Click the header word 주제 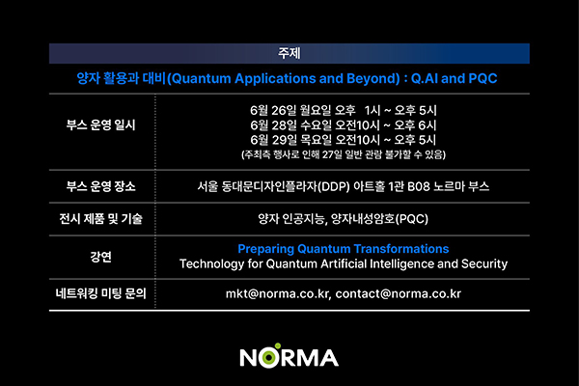click(289, 53)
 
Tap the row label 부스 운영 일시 click(100, 124)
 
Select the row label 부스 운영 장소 click(100, 186)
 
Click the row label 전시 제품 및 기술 click(100, 219)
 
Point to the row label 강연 click(100, 257)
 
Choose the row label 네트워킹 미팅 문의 click(100, 293)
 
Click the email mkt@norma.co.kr click(277, 294)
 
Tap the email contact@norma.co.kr click(399, 294)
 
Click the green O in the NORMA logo click(269, 357)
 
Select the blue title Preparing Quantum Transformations click(344, 249)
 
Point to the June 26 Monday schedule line click(344, 110)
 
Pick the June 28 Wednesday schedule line click(344, 125)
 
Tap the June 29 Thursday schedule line click(344, 140)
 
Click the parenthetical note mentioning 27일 click(344, 154)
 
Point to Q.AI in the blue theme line click(425, 79)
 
